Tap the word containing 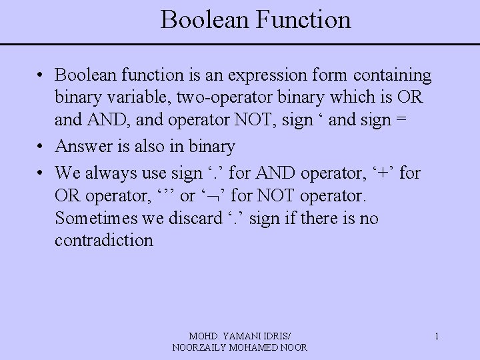coord(395,75)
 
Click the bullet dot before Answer coord(41,146)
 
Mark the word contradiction coord(104,240)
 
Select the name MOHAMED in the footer coord(254,347)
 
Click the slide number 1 coord(437,337)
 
